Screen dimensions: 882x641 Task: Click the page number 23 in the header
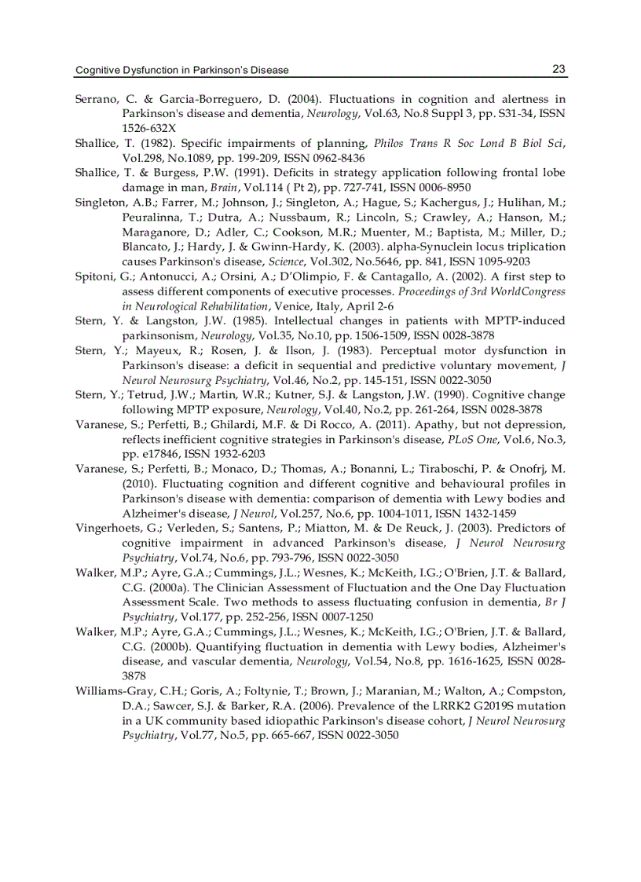point(559,69)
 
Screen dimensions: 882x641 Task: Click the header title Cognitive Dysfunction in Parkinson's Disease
point(181,70)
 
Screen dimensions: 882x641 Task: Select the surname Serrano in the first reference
point(96,99)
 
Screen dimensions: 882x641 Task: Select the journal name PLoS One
point(458,439)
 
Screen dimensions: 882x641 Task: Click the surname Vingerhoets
point(110,528)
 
